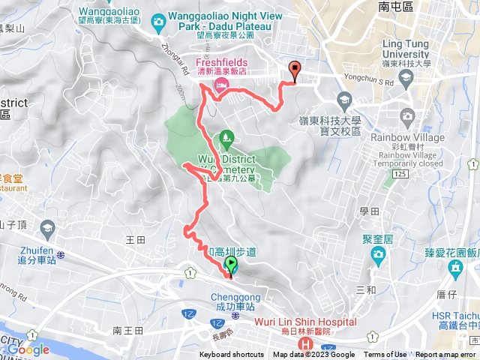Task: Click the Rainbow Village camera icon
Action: point(407,115)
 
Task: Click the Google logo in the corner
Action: point(28,349)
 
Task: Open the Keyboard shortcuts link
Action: point(231,355)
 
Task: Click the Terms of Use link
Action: point(385,355)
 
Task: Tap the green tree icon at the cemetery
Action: point(226,139)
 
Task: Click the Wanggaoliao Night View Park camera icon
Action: point(157,22)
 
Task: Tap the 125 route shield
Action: point(400,174)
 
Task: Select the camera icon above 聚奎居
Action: point(379,256)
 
